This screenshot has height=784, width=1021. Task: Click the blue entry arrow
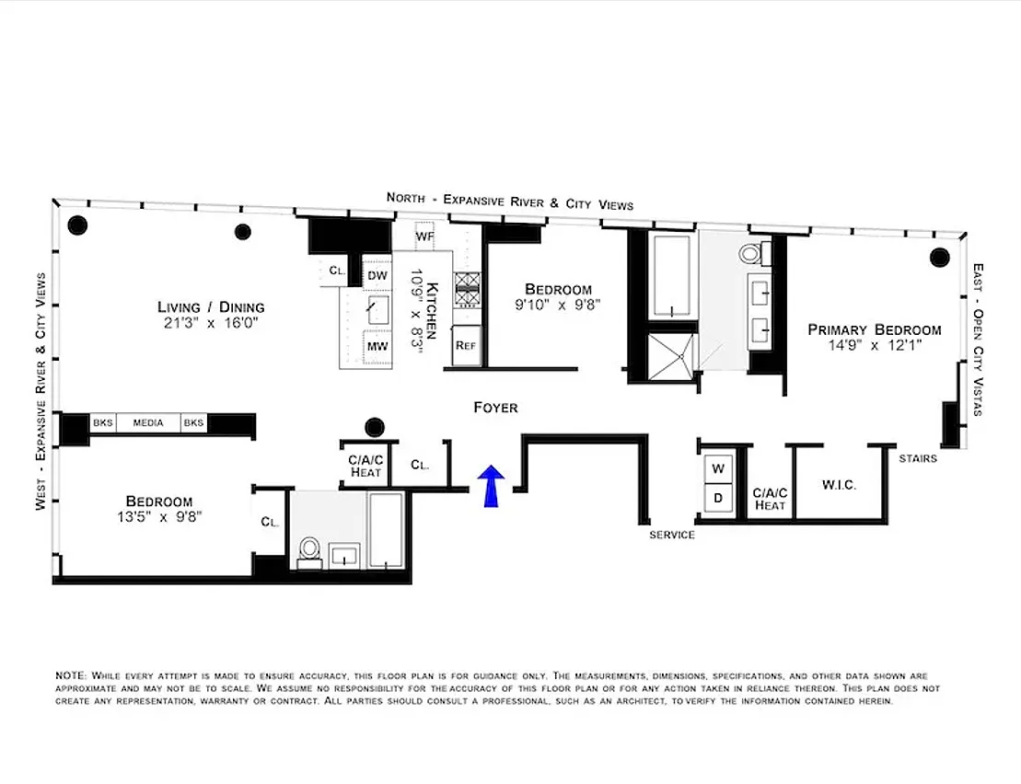click(x=491, y=485)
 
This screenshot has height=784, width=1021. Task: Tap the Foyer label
click(x=495, y=408)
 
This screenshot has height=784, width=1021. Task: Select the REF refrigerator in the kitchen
click(x=467, y=345)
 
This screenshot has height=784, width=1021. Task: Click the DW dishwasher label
click(x=377, y=276)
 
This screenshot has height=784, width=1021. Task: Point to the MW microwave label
click(x=377, y=346)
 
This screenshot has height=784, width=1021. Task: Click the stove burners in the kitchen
click(x=468, y=289)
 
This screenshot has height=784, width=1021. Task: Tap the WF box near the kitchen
click(x=424, y=236)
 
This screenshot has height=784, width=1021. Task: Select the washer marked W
click(x=718, y=468)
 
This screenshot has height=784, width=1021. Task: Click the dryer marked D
click(x=718, y=499)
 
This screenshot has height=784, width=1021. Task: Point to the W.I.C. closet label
click(x=839, y=485)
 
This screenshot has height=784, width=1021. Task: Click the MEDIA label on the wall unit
click(x=148, y=423)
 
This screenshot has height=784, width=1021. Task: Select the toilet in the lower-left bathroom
click(x=309, y=552)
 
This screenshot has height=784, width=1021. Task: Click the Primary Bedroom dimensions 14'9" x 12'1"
click(x=875, y=345)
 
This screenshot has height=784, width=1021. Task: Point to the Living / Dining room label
click(x=211, y=307)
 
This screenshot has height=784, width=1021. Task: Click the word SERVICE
click(x=672, y=535)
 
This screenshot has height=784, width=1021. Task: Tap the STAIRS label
click(x=918, y=458)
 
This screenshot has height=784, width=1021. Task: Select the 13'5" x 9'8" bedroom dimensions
click(x=159, y=517)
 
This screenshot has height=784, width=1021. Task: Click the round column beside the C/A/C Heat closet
click(x=375, y=428)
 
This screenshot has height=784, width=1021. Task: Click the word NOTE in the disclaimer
click(x=70, y=676)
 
